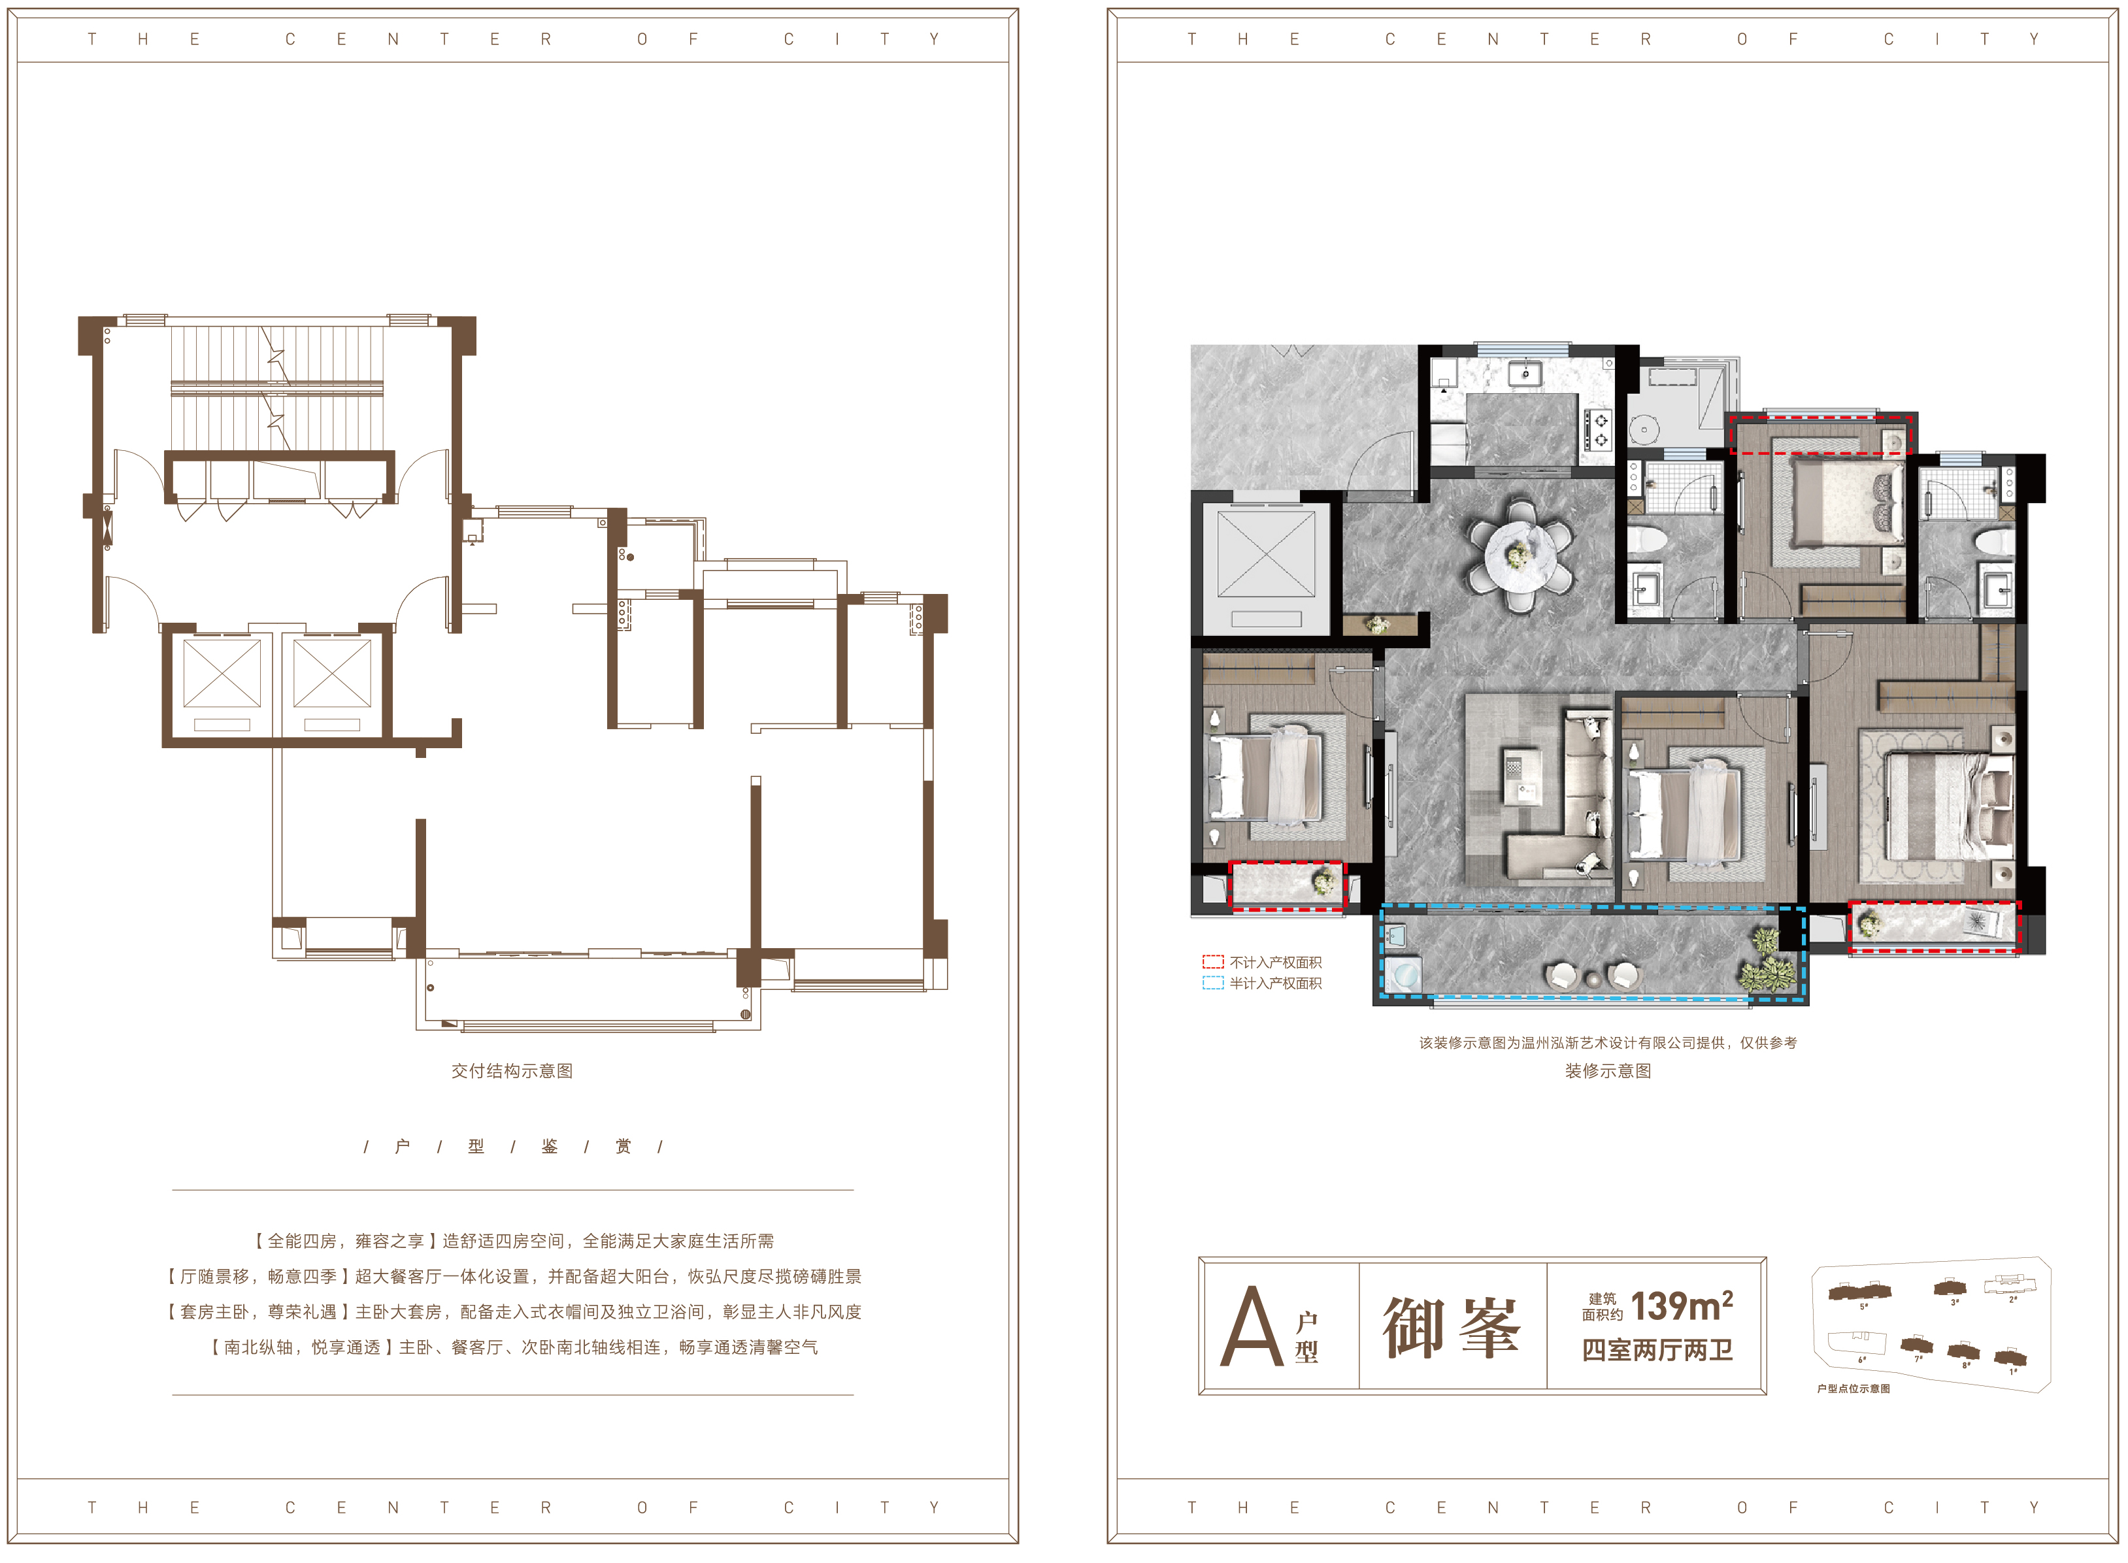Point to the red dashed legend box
(1212, 962)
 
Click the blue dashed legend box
(1212, 983)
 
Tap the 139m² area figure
(1682, 1307)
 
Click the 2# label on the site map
(2012, 1300)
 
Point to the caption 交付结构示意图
(512, 1071)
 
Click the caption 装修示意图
(1608, 1071)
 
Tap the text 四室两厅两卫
(1657, 1350)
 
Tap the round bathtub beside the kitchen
(1644, 429)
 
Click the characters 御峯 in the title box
(1452, 1327)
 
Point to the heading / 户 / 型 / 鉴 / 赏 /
(513, 1147)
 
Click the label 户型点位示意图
(1853, 1389)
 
